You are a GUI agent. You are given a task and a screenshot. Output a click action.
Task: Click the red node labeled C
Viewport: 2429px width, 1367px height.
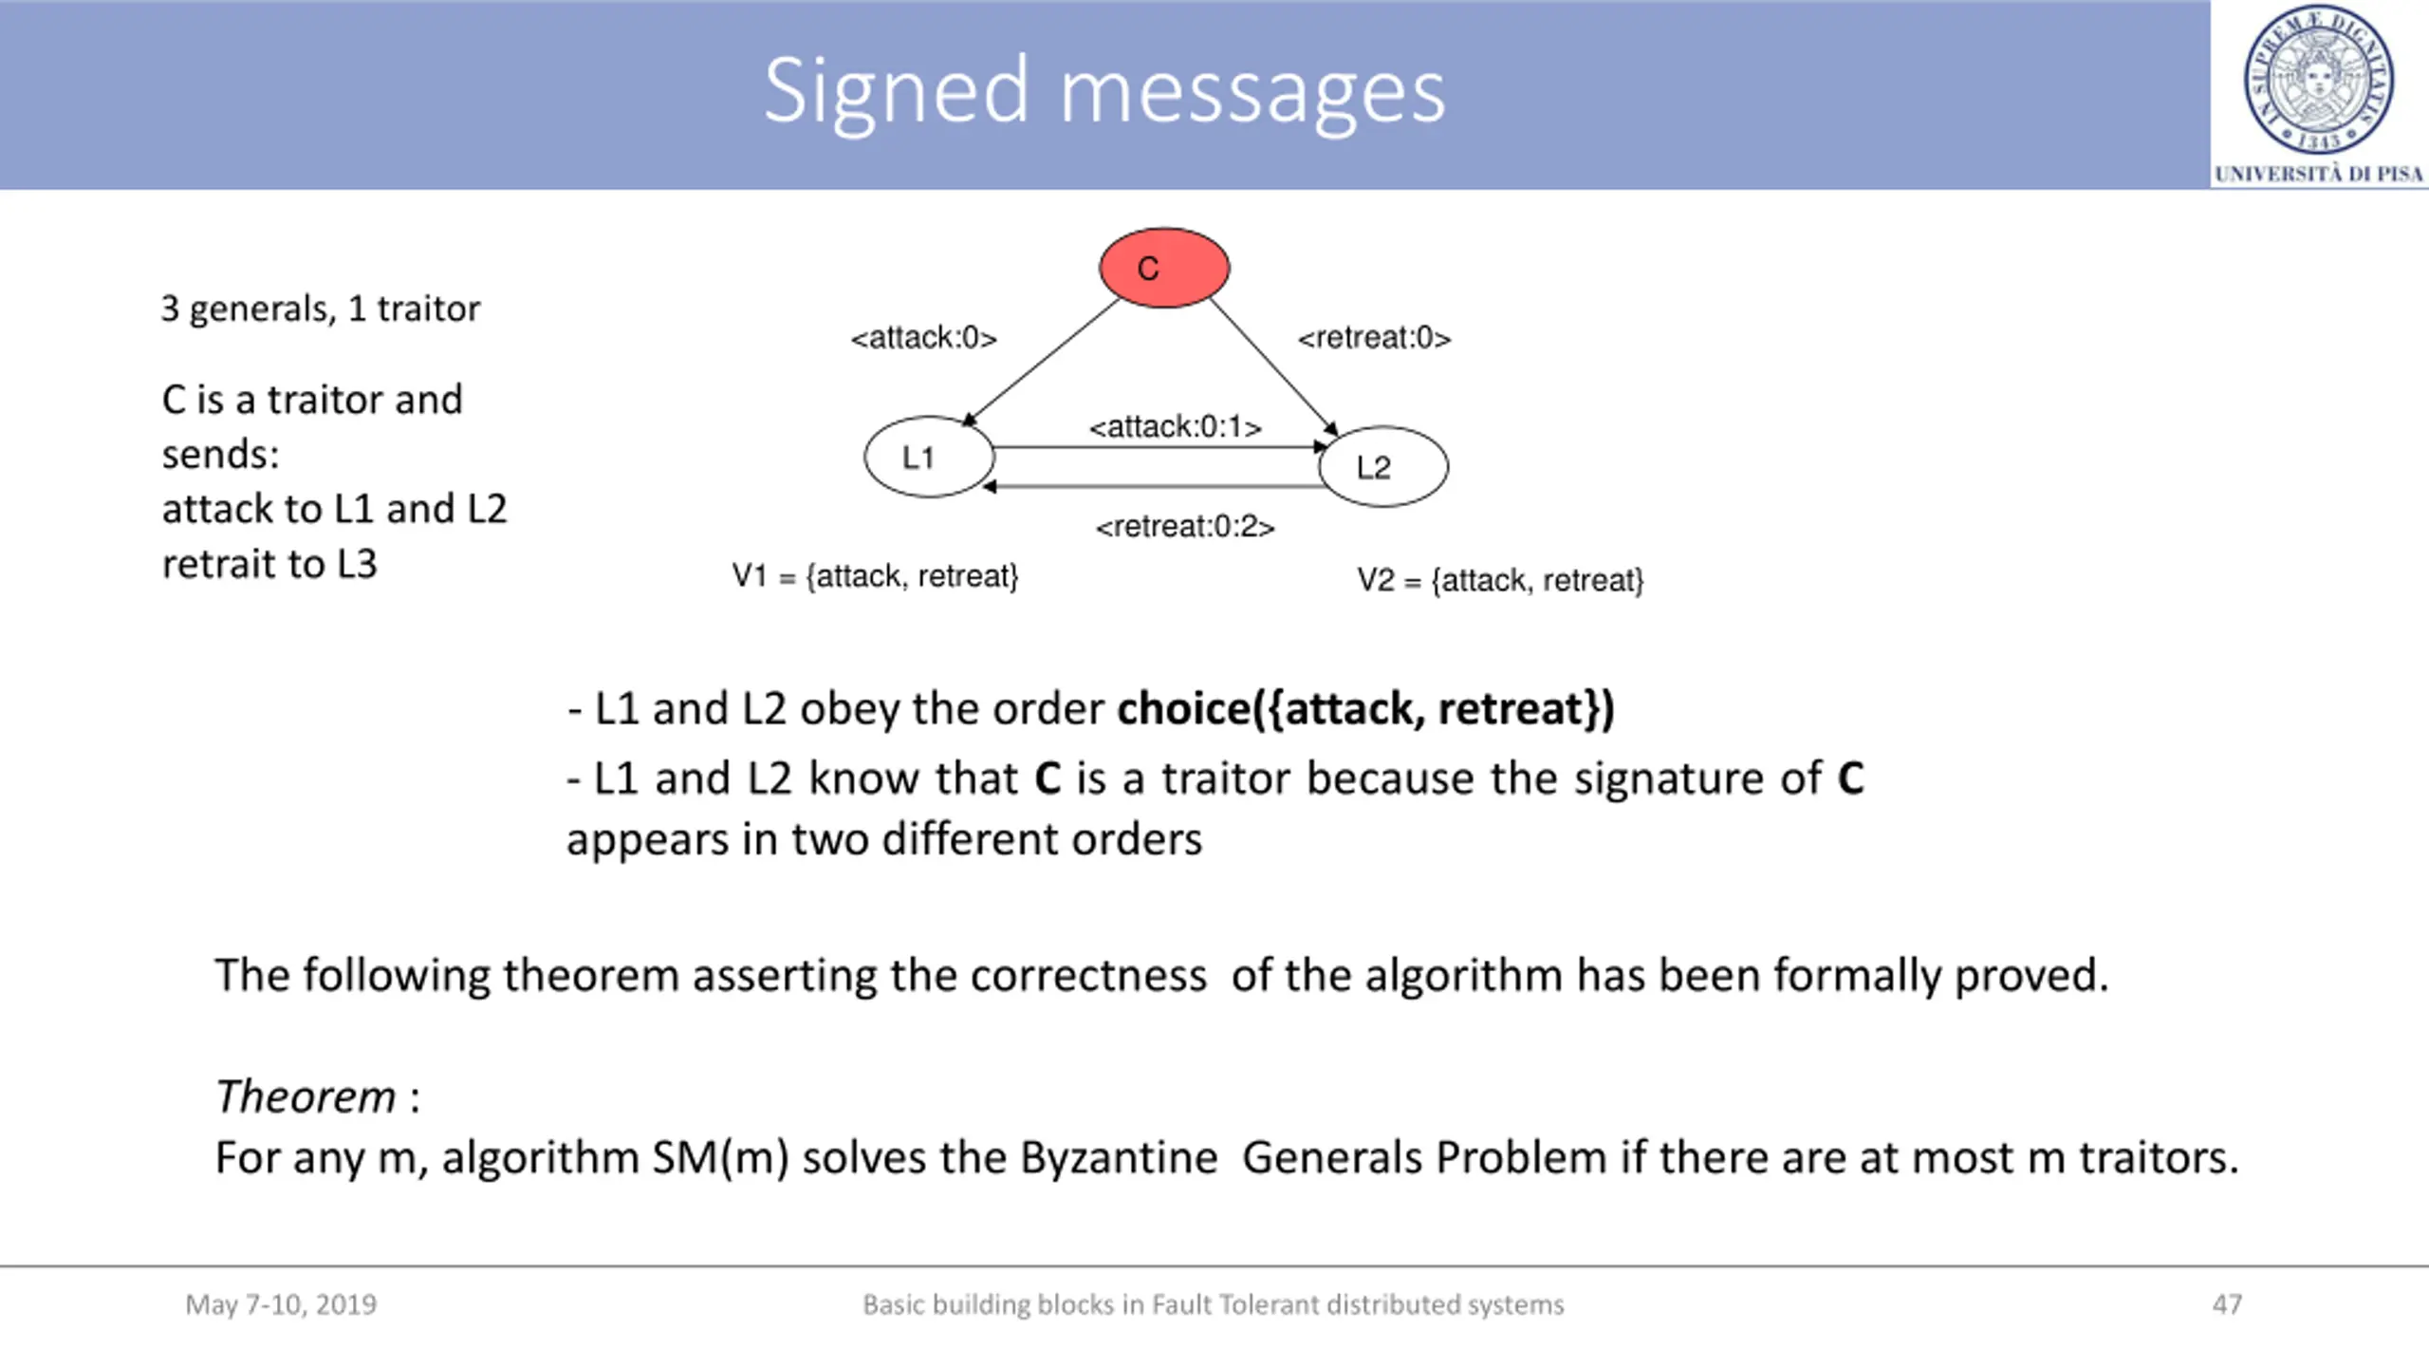pyautogui.click(x=1164, y=268)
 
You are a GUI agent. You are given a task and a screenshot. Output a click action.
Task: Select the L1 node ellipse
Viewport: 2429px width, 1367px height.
pyautogui.click(x=929, y=457)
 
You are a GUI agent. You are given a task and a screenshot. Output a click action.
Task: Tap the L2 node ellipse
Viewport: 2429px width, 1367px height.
pyautogui.click(x=1383, y=466)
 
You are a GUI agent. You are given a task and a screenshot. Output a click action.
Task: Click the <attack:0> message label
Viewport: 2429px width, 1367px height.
pyautogui.click(x=923, y=338)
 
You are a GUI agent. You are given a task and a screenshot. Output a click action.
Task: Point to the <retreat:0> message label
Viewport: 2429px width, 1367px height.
pyautogui.click(x=1374, y=338)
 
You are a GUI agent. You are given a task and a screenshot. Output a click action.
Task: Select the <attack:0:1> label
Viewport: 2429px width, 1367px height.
pyautogui.click(x=1175, y=427)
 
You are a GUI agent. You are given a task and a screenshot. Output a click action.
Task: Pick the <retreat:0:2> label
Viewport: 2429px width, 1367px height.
pyautogui.click(x=1184, y=527)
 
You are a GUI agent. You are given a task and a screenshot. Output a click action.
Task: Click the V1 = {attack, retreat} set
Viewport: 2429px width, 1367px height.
pyautogui.click(x=875, y=576)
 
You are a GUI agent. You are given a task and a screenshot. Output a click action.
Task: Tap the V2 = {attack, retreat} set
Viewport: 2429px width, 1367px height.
pyautogui.click(x=1499, y=580)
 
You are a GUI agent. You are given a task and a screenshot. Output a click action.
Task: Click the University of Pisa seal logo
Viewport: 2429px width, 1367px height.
pyautogui.click(x=2318, y=80)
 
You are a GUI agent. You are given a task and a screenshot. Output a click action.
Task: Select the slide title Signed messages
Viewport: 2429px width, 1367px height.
pyautogui.click(x=1104, y=91)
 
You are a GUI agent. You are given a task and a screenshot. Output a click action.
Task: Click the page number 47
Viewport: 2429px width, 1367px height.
pyautogui.click(x=2227, y=1304)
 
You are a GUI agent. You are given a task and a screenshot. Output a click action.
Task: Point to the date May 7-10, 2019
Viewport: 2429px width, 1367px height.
pyautogui.click(x=281, y=1304)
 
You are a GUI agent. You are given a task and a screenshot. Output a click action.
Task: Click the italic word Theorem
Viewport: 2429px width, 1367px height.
pyautogui.click(x=305, y=1097)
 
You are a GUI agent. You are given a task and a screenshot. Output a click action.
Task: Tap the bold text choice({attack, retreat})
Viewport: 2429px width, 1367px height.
pyautogui.click(x=1365, y=709)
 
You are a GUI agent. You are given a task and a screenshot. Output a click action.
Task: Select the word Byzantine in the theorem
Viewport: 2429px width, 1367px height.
pyautogui.click(x=1119, y=1158)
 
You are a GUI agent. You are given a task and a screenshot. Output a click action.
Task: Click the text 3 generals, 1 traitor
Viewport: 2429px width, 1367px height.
pyautogui.click(x=321, y=309)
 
